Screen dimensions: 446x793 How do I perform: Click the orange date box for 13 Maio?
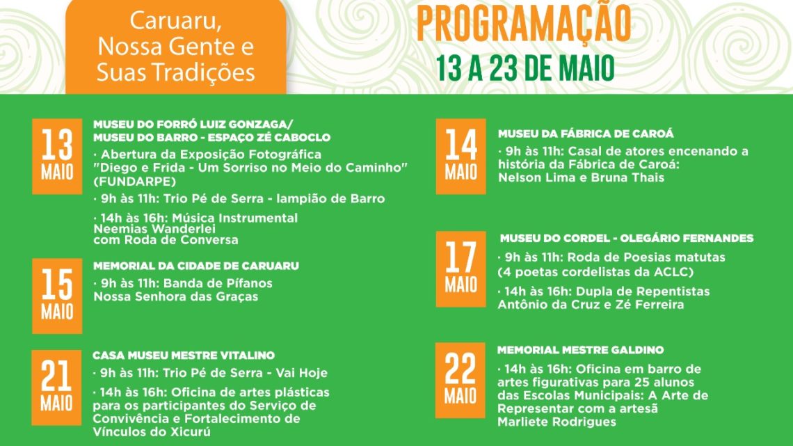point(57,156)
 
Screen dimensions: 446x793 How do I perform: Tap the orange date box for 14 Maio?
point(460,156)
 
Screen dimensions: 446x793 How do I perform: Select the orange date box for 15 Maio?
point(57,296)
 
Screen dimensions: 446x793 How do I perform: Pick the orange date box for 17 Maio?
point(460,269)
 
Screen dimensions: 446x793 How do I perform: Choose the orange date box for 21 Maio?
point(57,387)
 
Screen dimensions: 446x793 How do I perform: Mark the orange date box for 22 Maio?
point(460,380)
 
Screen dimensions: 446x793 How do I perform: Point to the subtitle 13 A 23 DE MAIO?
point(525,69)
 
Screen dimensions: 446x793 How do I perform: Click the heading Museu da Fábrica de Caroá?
point(586,134)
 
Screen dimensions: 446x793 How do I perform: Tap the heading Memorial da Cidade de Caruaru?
point(196,266)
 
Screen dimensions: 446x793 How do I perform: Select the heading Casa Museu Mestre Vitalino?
point(184,356)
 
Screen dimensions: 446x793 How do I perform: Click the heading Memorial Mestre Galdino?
point(580,350)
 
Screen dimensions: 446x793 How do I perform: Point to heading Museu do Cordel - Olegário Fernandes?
point(626,238)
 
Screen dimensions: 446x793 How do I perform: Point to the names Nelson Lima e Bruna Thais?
point(581,177)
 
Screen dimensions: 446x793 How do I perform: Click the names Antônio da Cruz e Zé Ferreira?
point(591,304)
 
